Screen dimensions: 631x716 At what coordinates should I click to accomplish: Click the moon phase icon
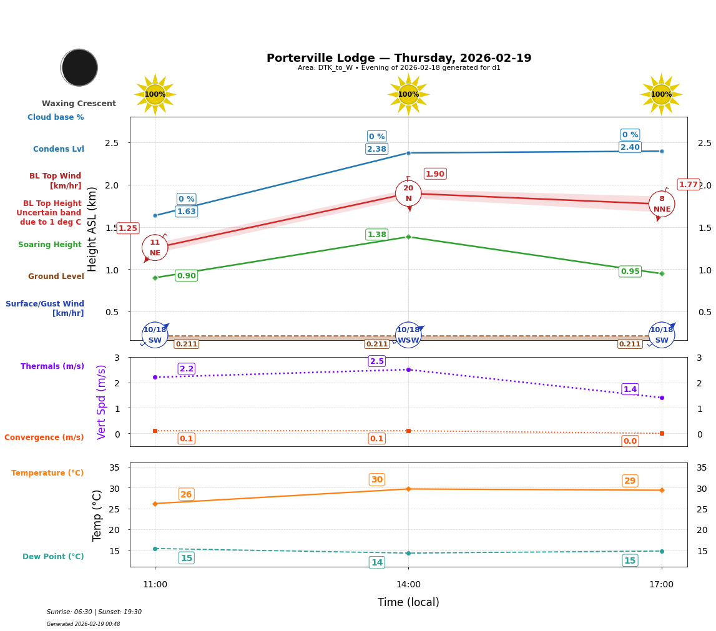[x=79, y=67]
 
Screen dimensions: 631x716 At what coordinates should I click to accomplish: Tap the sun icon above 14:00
[x=408, y=94]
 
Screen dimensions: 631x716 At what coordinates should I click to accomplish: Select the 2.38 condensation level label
[x=376, y=149]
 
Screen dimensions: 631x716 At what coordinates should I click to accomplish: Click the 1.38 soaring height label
[x=376, y=235]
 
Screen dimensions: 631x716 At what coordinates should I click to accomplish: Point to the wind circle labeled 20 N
[x=408, y=193]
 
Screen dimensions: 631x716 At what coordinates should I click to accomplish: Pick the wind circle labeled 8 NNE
[x=662, y=204]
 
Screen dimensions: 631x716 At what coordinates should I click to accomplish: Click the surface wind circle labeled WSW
[x=408, y=335]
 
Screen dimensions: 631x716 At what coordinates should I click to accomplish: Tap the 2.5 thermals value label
[x=376, y=361]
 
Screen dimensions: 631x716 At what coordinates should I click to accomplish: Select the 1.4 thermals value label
[x=630, y=389]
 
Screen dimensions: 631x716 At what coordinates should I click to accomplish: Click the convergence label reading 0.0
[x=630, y=441]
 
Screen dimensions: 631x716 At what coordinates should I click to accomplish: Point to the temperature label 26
[x=186, y=494]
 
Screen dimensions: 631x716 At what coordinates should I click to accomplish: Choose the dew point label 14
[x=376, y=562]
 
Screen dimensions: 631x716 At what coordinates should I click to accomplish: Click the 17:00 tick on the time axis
[x=661, y=585]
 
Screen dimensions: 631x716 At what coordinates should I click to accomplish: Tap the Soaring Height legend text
[x=50, y=245]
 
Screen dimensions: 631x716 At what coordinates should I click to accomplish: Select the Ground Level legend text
[x=56, y=276]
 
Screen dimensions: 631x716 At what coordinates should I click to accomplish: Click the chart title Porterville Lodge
[x=399, y=58]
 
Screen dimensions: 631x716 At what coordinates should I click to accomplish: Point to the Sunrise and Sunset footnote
[x=94, y=612]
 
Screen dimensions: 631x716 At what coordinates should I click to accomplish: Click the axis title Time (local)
[x=408, y=602]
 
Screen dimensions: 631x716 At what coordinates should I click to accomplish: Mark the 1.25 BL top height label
[x=128, y=228]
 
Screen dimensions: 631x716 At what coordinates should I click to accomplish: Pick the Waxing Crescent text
[x=79, y=104]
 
